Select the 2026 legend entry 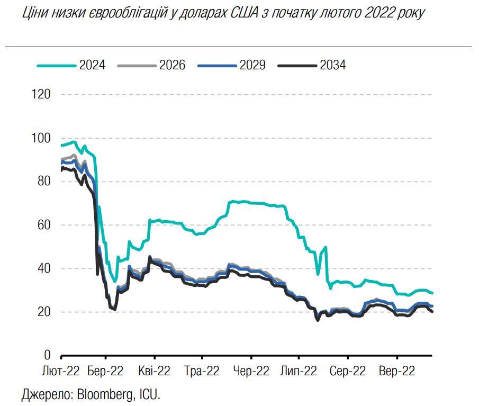(x=172, y=65)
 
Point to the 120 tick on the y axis (x=41, y=95)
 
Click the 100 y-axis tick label (x=41, y=138)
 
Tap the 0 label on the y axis (x=47, y=355)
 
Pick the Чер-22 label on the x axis (x=251, y=371)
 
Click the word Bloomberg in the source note (x=105, y=394)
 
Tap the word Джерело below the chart (x=48, y=394)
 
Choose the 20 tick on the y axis (x=44, y=312)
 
